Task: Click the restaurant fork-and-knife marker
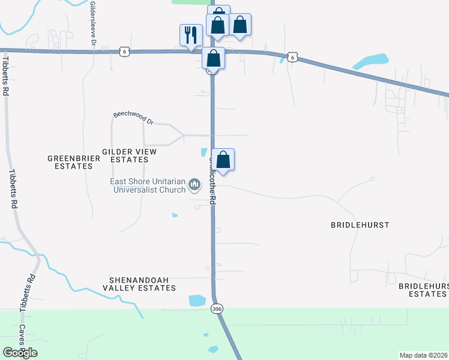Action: point(191,34)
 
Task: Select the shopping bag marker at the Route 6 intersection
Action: point(213,58)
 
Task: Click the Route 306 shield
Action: point(217,309)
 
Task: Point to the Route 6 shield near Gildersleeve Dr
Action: point(124,52)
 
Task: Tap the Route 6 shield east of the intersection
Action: point(292,56)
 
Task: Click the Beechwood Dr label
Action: point(134,118)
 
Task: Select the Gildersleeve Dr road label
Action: point(93,24)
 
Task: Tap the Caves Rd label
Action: point(22,339)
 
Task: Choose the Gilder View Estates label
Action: point(129,156)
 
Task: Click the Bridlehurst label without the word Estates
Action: point(360,225)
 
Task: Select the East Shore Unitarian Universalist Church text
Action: point(148,186)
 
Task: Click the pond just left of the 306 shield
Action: point(197,301)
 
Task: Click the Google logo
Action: point(20,352)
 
